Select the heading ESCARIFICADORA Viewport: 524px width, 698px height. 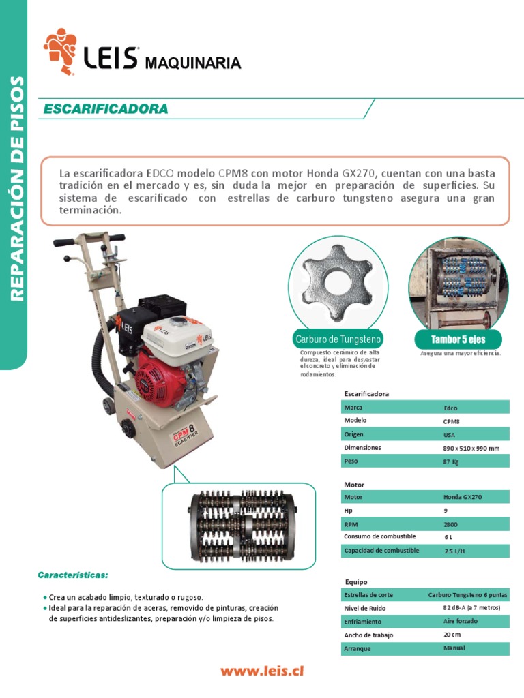pos(105,109)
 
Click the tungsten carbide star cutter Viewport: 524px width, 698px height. pos(338,282)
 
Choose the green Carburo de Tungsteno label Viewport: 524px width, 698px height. pos(338,339)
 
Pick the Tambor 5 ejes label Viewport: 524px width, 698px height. pos(458,339)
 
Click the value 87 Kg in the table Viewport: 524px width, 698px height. pos(451,461)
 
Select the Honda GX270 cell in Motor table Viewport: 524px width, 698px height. pos(462,497)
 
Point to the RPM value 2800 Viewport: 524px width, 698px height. pos(450,524)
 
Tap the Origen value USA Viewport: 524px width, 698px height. pos(448,434)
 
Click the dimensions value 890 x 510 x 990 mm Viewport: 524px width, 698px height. pos(471,448)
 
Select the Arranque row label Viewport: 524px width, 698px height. pos(358,648)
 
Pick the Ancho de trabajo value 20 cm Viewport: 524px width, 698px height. pos(452,635)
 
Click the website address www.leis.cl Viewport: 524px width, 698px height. pos(261,671)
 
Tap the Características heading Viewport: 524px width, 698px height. pos(73,575)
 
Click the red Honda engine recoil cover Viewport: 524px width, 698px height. pos(153,379)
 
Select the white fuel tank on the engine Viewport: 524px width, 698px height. pos(177,332)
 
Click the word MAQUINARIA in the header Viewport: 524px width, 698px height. pos(193,63)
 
